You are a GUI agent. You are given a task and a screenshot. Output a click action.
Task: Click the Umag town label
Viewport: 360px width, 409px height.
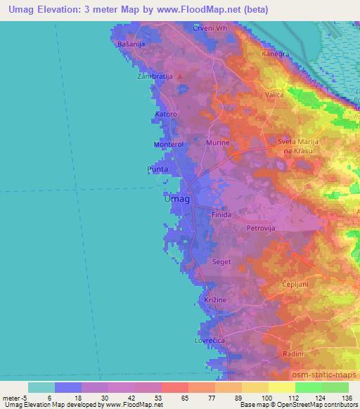(x=176, y=199)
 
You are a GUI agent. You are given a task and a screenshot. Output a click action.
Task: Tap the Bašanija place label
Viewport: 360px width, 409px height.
(x=131, y=45)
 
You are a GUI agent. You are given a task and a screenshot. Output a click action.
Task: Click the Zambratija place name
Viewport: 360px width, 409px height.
(x=155, y=75)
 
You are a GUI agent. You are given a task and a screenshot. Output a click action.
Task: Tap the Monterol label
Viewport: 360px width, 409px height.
(x=168, y=144)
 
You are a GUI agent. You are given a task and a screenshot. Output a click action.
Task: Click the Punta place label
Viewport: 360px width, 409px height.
(x=157, y=169)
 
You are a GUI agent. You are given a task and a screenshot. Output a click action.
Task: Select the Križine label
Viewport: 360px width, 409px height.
(x=215, y=299)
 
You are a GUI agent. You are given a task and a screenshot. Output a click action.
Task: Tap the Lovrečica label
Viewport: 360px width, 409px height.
(x=208, y=340)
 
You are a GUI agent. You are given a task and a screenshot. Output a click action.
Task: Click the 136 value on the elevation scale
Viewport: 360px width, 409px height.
(x=347, y=398)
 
